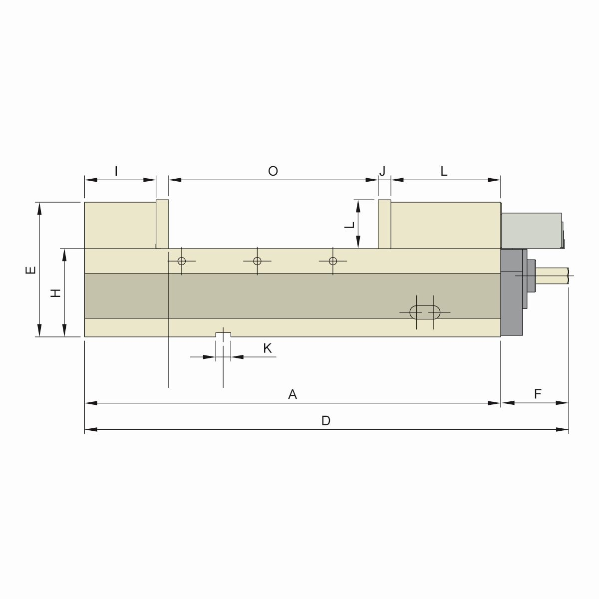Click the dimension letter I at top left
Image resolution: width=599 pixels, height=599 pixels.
pyautogui.click(x=116, y=171)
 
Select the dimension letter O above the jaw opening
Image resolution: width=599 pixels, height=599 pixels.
pyautogui.click(x=273, y=171)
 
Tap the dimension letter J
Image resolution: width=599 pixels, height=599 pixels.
pyautogui.click(x=383, y=171)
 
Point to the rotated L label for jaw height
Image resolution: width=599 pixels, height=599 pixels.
pyautogui.click(x=350, y=224)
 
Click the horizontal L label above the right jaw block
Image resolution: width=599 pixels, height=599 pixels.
pyautogui.click(x=444, y=171)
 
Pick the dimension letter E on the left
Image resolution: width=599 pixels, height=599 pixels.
pyautogui.click(x=31, y=270)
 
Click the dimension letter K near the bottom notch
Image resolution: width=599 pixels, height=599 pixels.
pyautogui.click(x=268, y=348)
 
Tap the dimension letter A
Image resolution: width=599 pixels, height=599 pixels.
pyautogui.click(x=293, y=394)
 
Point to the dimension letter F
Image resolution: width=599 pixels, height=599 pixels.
pyautogui.click(x=538, y=394)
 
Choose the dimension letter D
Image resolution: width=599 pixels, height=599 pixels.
pyautogui.click(x=325, y=421)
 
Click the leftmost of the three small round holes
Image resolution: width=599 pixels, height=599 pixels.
pyautogui.click(x=181, y=261)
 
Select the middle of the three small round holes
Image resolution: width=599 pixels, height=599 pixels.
pyautogui.click(x=257, y=261)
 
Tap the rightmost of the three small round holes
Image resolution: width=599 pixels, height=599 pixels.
pyautogui.click(x=333, y=261)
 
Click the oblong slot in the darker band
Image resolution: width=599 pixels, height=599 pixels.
pyautogui.click(x=425, y=312)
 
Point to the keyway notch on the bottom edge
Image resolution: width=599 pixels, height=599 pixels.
pyautogui.click(x=223, y=334)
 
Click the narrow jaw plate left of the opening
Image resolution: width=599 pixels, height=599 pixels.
pyautogui.click(x=162, y=224)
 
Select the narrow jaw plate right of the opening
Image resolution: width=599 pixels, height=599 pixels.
pyautogui.click(x=384, y=224)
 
